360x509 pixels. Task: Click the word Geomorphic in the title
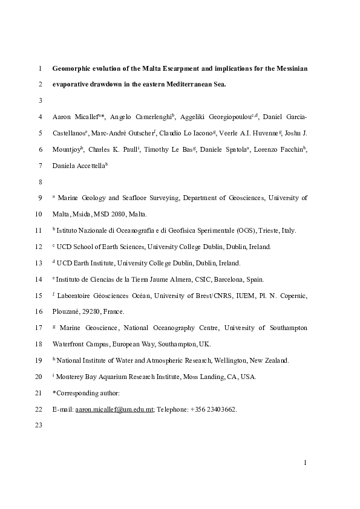(x=73, y=69)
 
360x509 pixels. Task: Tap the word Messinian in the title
(x=288, y=69)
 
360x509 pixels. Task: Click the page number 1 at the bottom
(x=306, y=463)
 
